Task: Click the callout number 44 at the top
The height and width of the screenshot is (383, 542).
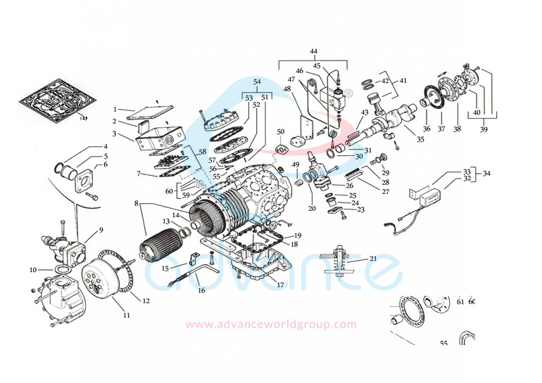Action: pos(313,52)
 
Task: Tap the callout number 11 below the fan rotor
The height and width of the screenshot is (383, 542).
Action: pos(127,316)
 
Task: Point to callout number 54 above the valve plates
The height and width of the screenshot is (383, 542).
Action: pos(257,82)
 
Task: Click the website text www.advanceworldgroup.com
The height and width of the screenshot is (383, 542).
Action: pos(271,324)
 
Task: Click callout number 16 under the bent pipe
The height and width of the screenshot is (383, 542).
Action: pos(201,290)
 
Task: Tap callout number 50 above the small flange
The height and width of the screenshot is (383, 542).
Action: pos(280,132)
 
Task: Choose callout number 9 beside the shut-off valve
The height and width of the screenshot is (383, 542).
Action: pos(101,230)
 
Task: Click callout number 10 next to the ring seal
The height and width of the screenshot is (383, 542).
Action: pos(32,270)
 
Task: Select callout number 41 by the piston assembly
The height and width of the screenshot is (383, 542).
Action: pos(403,81)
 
